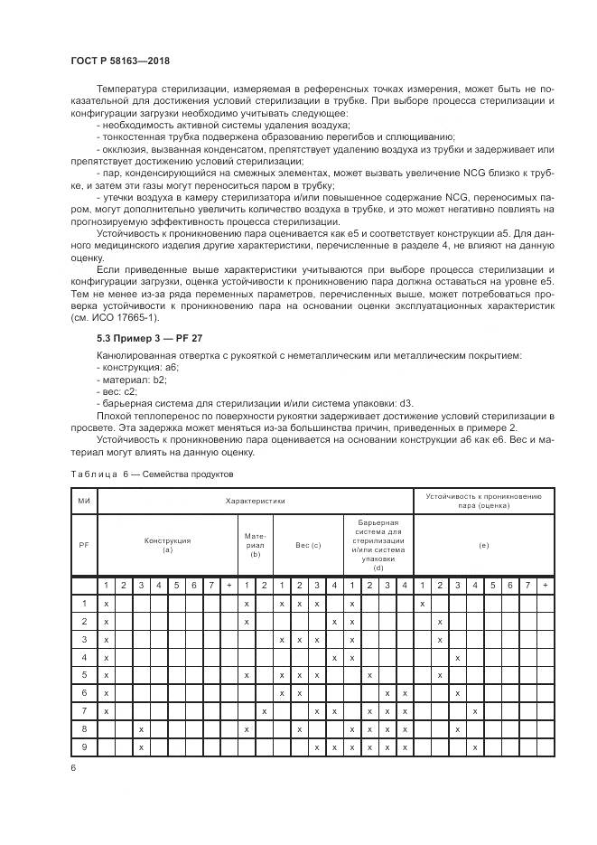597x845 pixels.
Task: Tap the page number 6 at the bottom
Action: (x=73, y=767)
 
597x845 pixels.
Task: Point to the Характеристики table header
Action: (x=255, y=499)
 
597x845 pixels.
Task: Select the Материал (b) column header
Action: (x=255, y=545)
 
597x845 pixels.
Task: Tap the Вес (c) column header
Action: (x=308, y=545)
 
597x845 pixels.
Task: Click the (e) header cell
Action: (x=483, y=545)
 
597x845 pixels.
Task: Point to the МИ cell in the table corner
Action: (x=84, y=499)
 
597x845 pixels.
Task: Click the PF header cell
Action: (x=84, y=545)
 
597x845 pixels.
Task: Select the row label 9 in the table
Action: (x=84, y=747)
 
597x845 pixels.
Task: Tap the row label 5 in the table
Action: (x=84, y=675)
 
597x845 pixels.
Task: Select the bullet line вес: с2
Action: (x=117, y=393)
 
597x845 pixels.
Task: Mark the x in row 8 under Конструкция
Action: (x=141, y=729)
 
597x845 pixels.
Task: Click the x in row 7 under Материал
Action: (x=264, y=711)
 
